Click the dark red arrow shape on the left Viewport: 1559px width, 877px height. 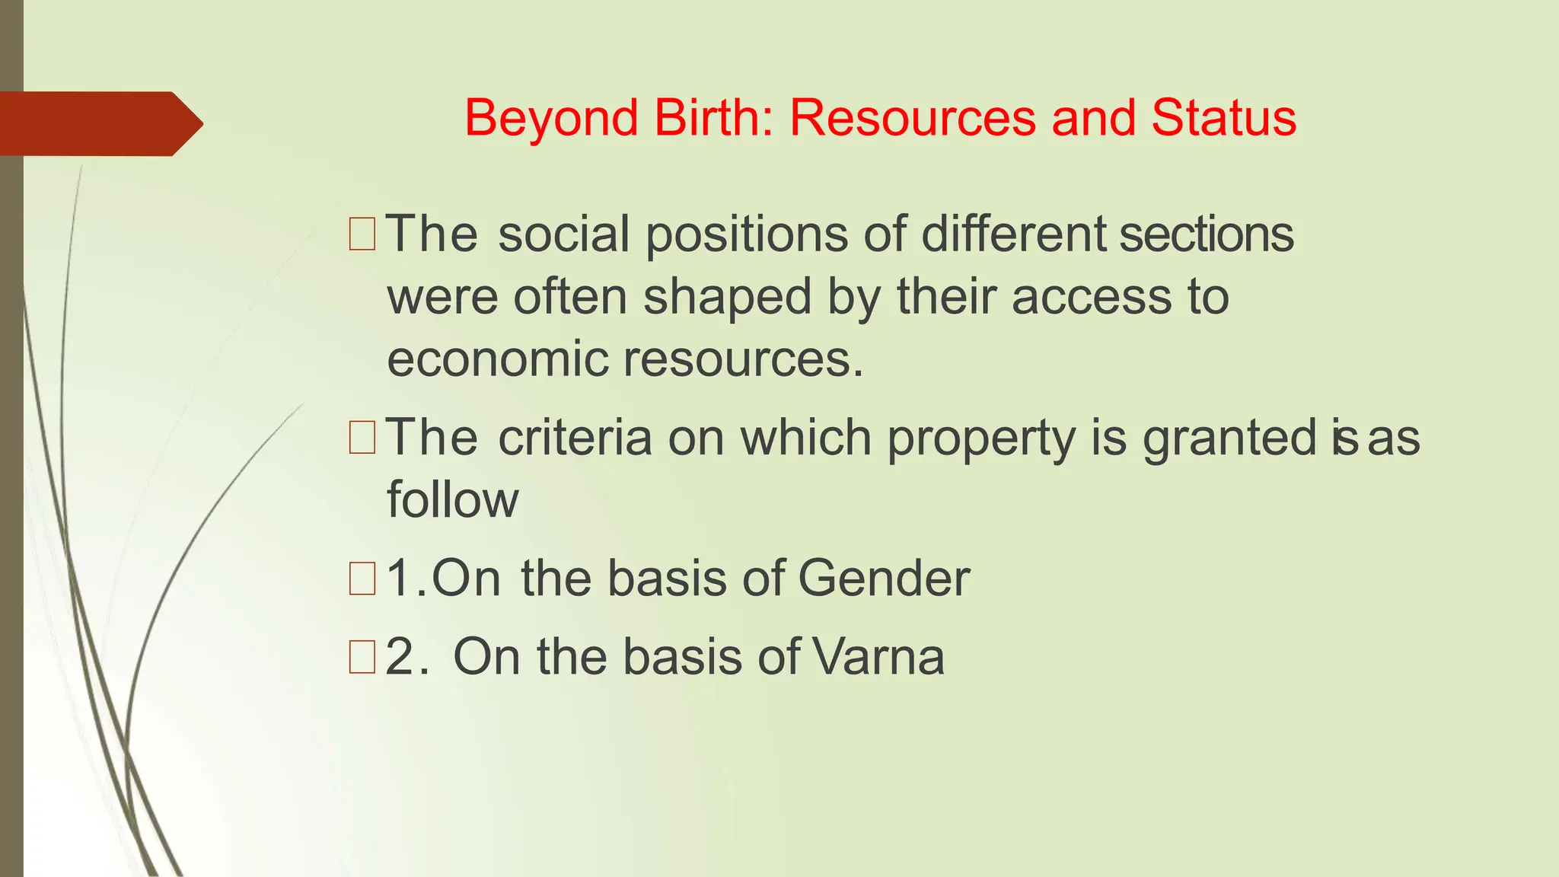(99, 123)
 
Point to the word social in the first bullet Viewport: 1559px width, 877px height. (563, 234)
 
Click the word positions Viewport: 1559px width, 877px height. (746, 234)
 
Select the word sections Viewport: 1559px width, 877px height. (1207, 234)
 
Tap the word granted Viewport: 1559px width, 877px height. (1229, 439)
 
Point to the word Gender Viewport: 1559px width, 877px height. (884, 579)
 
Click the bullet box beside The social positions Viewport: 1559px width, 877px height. (362, 234)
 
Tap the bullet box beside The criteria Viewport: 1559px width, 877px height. (362, 438)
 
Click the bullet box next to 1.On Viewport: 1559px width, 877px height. (362, 579)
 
